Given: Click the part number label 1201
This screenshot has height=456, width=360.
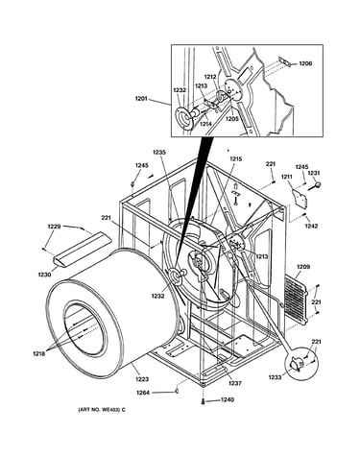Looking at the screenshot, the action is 141,99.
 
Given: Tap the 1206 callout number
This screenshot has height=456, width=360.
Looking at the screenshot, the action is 305,63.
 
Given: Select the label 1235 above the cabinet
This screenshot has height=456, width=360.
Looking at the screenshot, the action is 159,153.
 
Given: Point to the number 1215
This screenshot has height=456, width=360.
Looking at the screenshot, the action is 235,158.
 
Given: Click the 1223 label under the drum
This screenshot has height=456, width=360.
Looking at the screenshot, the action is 142,379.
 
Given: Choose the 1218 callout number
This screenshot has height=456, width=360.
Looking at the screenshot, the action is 39,353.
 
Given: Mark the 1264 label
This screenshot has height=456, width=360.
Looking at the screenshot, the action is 143,393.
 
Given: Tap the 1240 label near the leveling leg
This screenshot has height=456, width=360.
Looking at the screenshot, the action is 228,399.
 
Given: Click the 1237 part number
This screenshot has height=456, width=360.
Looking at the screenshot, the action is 235,383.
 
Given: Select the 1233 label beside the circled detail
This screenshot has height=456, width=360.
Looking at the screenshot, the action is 275,377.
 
